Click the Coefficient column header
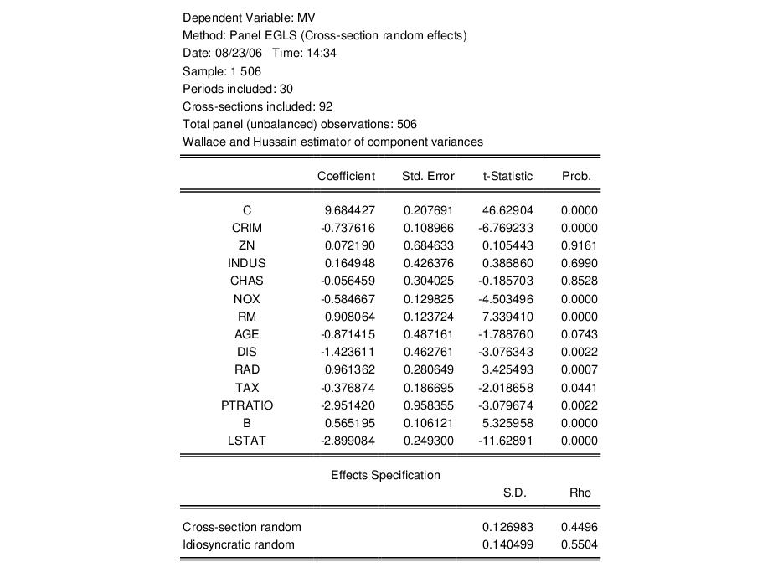(x=346, y=176)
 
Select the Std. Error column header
(x=429, y=176)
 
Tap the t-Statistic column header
(x=507, y=176)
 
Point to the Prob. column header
(x=576, y=176)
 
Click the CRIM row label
(x=247, y=228)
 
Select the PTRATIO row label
(x=247, y=405)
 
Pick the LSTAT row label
(x=247, y=441)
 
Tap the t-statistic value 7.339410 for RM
(x=507, y=317)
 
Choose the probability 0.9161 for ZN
(x=580, y=245)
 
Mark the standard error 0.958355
(x=429, y=405)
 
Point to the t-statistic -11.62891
(x=506, y=441)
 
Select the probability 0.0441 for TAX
(x=580, y=388)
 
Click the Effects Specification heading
(x=385, y=475)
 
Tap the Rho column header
(x=580, y=493)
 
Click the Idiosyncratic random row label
(x=239, y=544)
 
